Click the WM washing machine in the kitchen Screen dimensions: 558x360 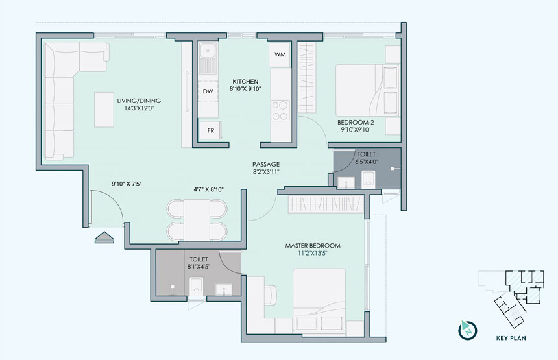pos(280,54)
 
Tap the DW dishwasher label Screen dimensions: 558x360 pos(208,91)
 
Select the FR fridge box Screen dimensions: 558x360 pos(210,130)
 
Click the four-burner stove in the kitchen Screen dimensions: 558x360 pos(280,110)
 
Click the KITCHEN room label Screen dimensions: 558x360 pos(245,82)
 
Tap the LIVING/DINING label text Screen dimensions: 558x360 pos(139,101)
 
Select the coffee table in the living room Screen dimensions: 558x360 pos(104,110)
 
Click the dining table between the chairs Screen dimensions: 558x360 pos(197,220)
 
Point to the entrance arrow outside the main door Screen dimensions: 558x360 pos(104,237)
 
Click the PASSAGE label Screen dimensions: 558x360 pos(266,164)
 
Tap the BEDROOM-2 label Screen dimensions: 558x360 pos(356,123)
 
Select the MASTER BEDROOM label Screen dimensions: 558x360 pos(313,246)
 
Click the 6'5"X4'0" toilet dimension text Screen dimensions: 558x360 pos(366,162)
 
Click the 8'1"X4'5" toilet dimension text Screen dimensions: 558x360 pos(199,267)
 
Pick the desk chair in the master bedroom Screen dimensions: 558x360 pos(270,295)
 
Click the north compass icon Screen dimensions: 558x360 pos(467,330)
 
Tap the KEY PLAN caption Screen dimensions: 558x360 pos(511,338)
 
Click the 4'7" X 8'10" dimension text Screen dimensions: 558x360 pos(208,189)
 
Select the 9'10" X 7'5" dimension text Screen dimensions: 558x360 pos(127,184)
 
